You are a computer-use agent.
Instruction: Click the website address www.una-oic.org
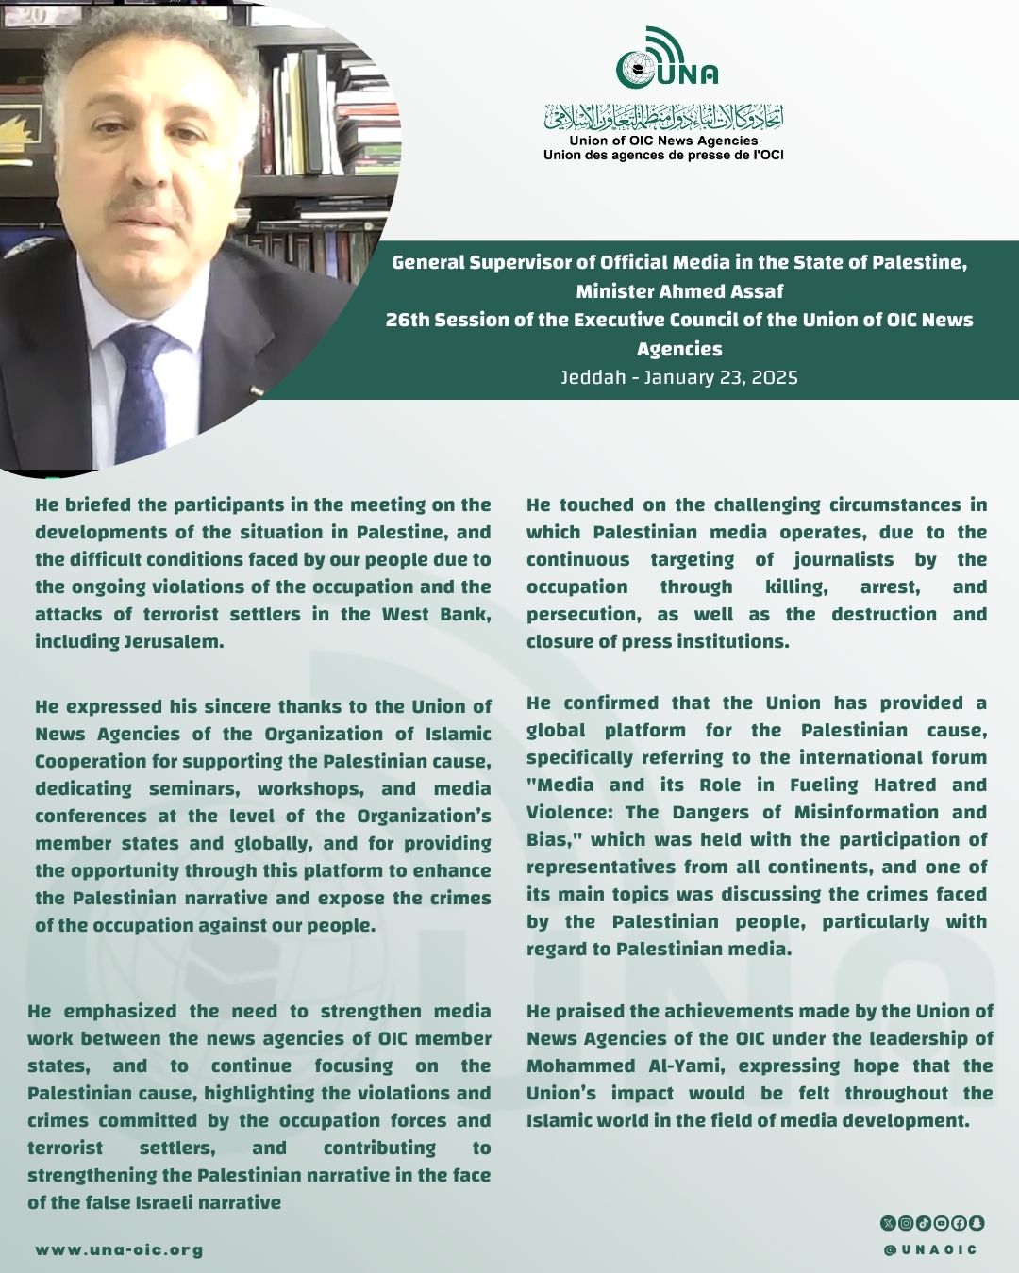tap(119, 1250)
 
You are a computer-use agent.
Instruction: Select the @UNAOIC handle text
tap(930, 1250)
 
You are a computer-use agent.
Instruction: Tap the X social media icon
tap(888, 1223)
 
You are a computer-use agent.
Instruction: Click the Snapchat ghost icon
tap(977, 1223)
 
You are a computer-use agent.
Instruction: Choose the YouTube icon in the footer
tap(941, 1223)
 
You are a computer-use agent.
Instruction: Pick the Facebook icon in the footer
tap(959, 1223)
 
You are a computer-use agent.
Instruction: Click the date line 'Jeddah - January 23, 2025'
tap(679, 377)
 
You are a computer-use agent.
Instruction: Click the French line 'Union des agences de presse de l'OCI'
tap(663, 155)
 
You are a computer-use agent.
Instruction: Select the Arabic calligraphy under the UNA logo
tap(663, 119)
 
